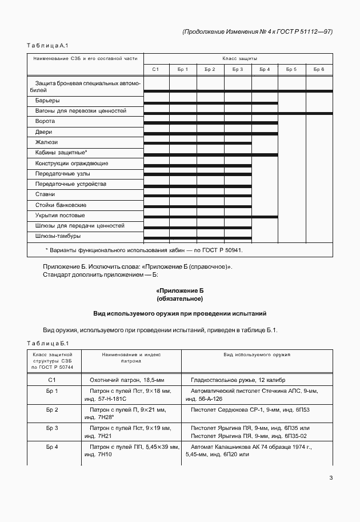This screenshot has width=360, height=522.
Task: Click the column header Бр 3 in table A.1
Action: coord(238,69)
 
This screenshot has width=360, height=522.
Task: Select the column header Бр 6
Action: coord(319,69)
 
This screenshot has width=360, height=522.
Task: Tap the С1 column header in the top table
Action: coord(155,69)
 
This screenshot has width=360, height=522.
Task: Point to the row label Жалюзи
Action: coord(46,142)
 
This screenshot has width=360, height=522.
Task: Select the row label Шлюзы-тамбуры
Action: coord(58,236)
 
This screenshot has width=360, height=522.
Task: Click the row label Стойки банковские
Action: coord(61,205)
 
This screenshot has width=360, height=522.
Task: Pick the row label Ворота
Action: coord(45,121)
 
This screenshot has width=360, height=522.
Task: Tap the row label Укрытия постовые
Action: coord(59,216)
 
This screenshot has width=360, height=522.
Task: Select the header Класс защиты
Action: coord(239,58)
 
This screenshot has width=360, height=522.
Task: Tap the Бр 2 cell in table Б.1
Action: coord(51,409)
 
